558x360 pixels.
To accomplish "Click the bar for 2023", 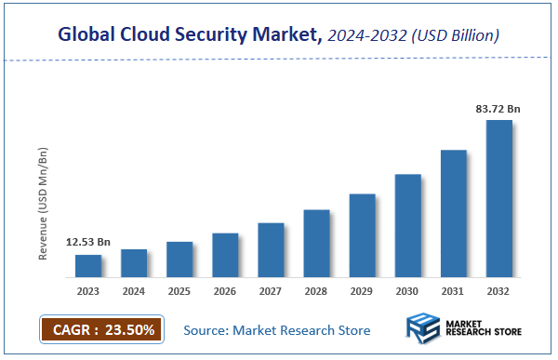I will pos(88,265).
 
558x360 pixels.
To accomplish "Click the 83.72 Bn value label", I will pos(498,109).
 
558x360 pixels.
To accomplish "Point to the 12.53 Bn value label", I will pos(88,243).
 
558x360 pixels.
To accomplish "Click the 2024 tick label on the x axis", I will pos(134,292).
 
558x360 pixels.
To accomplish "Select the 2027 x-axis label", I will pos(271,292).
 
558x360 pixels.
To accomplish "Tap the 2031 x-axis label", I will pos(453,292).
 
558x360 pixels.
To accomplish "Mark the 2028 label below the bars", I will pos(316,292).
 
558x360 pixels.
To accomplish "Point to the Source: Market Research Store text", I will pos(276,330).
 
